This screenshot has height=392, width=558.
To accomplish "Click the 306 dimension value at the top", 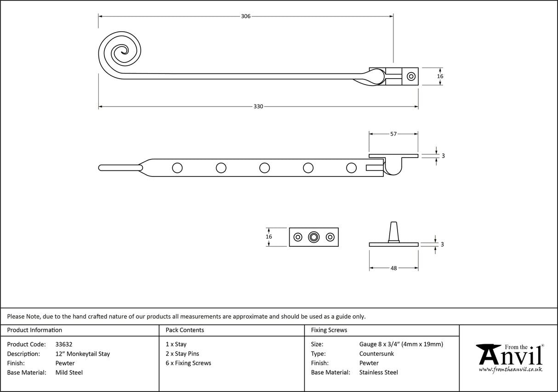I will (245, 17).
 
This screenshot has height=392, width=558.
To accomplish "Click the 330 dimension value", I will (258, 107).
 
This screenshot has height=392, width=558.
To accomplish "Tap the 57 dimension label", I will (393, 134).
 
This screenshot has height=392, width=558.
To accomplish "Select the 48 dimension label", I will (393, 268).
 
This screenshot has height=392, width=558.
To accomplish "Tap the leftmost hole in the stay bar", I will (177, 168).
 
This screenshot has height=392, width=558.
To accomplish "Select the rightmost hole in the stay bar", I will (351, 168).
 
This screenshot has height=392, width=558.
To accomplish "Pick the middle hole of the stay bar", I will (264, 168).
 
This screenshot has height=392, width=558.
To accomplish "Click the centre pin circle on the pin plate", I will (314, 237).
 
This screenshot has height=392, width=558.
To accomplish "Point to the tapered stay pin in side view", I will (393, 231).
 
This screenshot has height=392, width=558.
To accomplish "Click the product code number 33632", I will (63, 344).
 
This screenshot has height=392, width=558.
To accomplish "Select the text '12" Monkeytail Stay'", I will (82, 353).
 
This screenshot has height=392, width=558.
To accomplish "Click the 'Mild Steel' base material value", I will (68, 373).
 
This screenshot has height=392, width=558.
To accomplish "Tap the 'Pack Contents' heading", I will (185, 330).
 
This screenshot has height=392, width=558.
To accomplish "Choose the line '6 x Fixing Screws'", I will (188, 363).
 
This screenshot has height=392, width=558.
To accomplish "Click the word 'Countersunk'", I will (376, 353).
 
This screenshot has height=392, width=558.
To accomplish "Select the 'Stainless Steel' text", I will (378, 373).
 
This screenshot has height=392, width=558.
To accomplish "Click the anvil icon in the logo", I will (489, 353).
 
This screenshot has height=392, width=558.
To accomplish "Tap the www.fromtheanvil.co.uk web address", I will (510, 369).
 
